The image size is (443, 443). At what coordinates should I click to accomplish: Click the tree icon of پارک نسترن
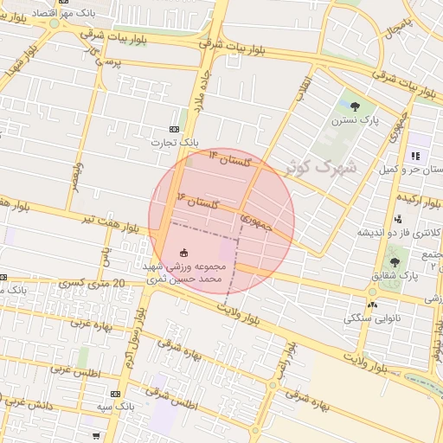click(355, 107)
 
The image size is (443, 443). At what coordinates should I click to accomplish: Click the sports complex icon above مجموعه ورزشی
click(184, 253)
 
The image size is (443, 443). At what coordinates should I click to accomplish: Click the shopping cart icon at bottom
click(96, 435)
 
